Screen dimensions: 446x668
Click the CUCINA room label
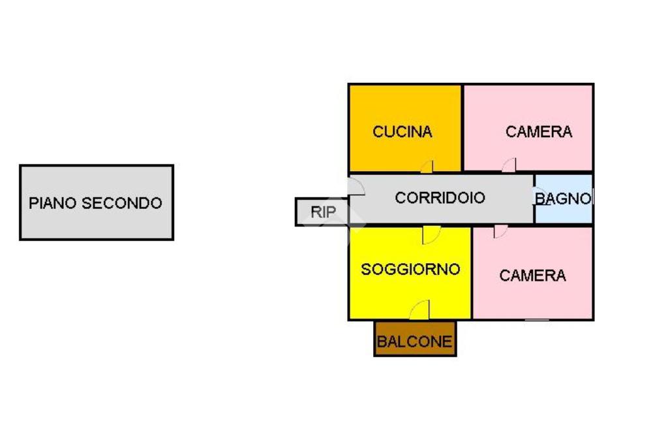tap(402, 132)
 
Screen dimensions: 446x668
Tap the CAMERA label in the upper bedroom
tap(539, 132)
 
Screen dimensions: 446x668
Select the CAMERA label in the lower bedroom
tap(532, 276)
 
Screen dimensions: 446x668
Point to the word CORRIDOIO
tap(440, 198)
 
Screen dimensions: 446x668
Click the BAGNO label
tap(564, 199)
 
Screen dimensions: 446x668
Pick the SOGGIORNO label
tap(410, 269)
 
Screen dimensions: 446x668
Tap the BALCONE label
tap(415, 342)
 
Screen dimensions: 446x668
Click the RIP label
tap(323, 212)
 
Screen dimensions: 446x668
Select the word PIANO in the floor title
tap(52, 203)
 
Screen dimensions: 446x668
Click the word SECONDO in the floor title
tap(121, 203)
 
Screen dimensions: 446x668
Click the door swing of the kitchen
tap(427, 167)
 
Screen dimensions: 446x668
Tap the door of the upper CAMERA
tap(509, 165)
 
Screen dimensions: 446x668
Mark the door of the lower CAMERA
tap(500, 232)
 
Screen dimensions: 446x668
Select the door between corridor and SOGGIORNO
tap(431, 234)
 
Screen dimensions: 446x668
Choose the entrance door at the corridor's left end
tap(356, 187)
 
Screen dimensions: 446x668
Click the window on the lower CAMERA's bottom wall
tap(537, 319)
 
